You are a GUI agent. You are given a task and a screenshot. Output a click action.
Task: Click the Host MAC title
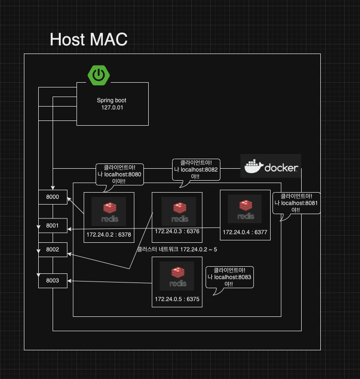click(88, 39)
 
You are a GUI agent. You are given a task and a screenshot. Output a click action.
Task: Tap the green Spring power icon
click(98, 75)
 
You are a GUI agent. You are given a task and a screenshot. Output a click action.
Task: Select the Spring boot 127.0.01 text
click(111, 104)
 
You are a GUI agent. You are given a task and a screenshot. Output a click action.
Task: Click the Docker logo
click(271, 166)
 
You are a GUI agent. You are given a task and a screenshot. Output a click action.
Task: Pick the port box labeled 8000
click(53, 197)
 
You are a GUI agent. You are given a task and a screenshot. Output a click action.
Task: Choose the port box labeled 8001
click(53, 225)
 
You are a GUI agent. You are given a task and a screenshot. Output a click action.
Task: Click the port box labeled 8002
click(53, 249)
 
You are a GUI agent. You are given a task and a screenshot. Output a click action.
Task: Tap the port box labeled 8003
click(53, 281)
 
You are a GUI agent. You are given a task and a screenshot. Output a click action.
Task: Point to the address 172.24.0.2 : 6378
click(109, 235)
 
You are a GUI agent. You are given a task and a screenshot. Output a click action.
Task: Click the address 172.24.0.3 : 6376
click(177, 231)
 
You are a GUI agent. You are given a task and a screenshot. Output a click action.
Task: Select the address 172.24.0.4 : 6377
click(245, 233)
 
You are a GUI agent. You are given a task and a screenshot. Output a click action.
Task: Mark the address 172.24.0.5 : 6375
click(177, 299)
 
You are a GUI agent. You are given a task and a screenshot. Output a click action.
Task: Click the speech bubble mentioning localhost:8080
click(119, 174)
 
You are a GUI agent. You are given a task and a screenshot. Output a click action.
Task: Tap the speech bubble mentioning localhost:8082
click(196, 170)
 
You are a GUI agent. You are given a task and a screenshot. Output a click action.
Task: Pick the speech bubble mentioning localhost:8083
click(229, 277)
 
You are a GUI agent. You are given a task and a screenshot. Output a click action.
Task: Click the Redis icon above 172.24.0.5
click(177, 276)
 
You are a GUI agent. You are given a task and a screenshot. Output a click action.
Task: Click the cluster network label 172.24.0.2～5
click(177, 249)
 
